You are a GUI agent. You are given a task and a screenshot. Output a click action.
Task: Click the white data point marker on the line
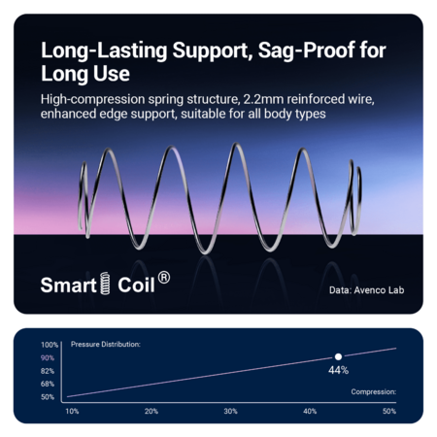point(338,356)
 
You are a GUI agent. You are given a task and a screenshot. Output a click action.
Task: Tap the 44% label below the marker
point(338,370)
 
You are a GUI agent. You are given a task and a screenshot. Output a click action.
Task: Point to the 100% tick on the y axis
point(50,345)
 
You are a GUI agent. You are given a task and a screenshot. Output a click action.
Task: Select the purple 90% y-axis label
point(48,358)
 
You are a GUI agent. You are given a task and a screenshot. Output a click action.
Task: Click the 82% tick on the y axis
point(48,371)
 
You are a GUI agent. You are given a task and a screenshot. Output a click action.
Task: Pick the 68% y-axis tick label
point(48,384)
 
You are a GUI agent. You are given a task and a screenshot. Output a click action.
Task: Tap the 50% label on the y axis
point(48,397)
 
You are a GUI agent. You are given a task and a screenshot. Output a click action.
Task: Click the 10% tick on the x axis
point(72,412)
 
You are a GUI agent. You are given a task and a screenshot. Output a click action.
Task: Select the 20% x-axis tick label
point(151,412)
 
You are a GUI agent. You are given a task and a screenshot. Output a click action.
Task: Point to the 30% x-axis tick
point(231,412)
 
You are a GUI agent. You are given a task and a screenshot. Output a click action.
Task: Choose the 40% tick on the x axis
point(310,412)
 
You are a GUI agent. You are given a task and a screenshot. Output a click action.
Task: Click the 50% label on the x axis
point(389,412)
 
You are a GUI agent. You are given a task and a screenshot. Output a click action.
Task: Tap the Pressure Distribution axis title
point(106,345)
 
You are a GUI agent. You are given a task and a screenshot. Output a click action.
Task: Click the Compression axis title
point(374,392)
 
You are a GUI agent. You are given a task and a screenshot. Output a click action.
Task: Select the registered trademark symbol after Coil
point(164,278)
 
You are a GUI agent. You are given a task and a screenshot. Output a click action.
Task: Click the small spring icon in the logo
point(105,284)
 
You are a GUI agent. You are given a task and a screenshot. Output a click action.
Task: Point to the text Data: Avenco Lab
point(367,290)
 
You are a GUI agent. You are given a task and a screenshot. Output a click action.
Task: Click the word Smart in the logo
point(69,286)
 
